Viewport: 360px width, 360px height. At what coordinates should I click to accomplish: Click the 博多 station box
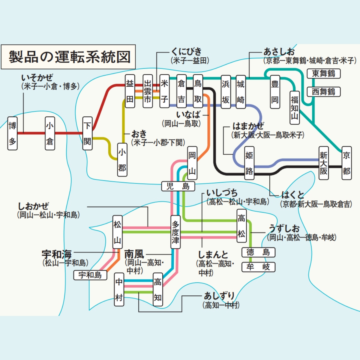coord(12,133)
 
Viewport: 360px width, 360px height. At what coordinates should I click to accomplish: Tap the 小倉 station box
coord(50,133)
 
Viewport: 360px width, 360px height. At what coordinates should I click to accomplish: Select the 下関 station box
coord(87,133)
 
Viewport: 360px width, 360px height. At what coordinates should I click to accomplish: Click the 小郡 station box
coord(122,160)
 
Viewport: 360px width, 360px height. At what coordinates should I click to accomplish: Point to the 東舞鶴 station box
coord(323,73)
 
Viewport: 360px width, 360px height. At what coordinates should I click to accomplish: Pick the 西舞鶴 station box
coord(323,92)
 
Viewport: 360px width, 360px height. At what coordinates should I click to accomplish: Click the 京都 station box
coord(346,163)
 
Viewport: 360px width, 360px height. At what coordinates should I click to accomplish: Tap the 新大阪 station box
coord(323,163)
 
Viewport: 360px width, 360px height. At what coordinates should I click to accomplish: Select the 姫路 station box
coord(249,163)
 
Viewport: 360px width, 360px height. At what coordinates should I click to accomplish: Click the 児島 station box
coord(178,186)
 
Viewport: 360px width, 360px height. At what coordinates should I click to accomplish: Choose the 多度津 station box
coord(175,232)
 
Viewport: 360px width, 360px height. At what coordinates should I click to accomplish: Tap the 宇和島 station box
coord(90,275)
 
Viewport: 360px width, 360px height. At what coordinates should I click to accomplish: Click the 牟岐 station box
coord(258,267)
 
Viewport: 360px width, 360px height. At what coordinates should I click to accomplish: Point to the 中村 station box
coord(119,289)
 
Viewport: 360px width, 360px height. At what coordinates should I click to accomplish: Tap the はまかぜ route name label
coord(248,126)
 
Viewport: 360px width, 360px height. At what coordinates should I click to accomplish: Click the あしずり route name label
coord(219,296)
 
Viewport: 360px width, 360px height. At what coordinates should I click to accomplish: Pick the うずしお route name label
coord(284,229)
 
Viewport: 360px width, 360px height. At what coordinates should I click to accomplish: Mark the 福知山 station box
coord(294,108)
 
